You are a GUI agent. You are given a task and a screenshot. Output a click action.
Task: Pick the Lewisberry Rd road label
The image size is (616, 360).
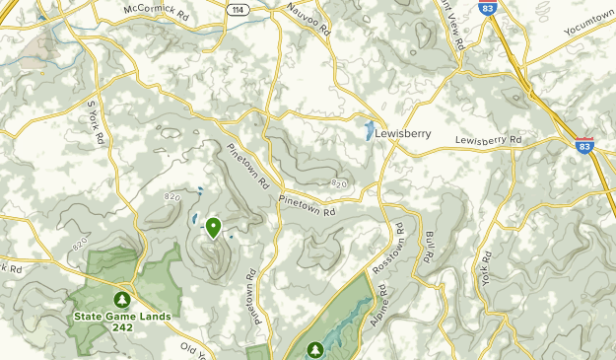point(488,140)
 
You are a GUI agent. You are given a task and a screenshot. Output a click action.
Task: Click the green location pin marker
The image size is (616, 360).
point(214,228)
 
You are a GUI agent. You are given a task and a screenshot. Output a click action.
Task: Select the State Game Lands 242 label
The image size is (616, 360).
point(121,322)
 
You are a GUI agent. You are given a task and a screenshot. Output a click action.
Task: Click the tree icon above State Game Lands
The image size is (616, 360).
point(121,299)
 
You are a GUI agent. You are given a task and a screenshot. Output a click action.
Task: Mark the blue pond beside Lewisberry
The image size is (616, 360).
point(369,130)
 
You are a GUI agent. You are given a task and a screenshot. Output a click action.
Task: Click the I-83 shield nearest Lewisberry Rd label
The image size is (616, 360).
point(584,146)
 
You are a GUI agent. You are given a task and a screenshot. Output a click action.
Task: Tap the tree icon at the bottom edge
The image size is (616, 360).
point(315,349)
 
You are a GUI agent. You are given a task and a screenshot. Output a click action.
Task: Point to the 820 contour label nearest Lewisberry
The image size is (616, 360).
point(340,183)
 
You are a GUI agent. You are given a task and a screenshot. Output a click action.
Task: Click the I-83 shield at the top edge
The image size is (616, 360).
point(487,7)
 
